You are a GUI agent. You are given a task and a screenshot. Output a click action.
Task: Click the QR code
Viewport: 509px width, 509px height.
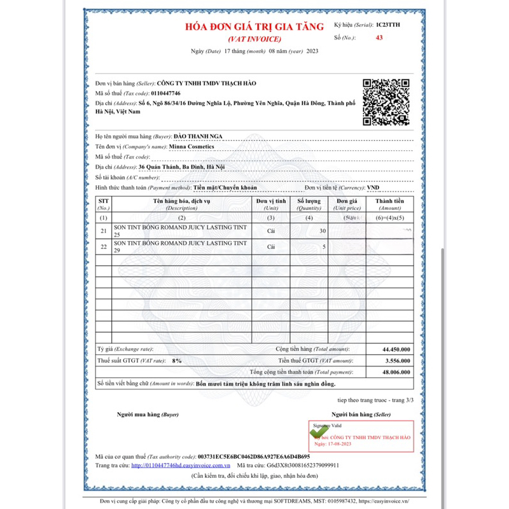click(x=386, y=102)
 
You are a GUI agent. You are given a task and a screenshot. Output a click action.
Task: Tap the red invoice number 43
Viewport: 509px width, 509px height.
click(x=379, y=38)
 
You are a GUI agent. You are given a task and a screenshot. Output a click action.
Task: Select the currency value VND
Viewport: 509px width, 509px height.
click(x=373, y=188)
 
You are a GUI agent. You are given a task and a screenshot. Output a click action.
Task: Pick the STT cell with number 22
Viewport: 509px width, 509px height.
click(x=104, y=247)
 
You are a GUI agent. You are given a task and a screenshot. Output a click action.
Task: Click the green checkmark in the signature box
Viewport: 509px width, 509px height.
click(x=320, y=431)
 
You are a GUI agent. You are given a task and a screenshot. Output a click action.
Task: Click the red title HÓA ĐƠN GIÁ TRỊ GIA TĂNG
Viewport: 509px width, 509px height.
click(x=254, y=27)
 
